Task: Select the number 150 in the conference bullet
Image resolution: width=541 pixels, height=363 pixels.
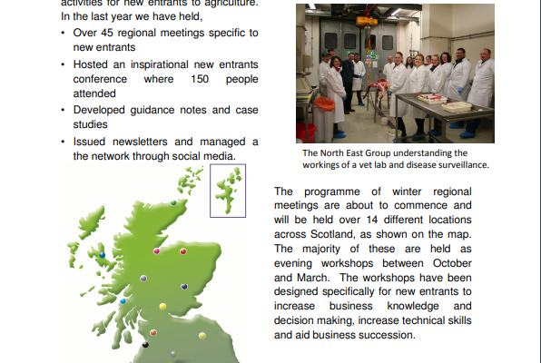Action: tap(200, 79)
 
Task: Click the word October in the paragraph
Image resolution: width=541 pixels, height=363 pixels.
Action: tap(452, 263)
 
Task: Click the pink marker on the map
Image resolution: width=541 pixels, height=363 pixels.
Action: tap(156, 250)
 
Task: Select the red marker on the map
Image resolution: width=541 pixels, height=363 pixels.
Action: tap(183, 251)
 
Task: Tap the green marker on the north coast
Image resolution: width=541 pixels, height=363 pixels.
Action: tap(173, 202)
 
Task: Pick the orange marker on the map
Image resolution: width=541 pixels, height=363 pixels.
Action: tap(153, 333)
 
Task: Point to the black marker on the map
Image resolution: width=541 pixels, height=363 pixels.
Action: tap(145, 344)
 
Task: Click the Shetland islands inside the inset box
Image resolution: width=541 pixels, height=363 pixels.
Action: tap(228, 189)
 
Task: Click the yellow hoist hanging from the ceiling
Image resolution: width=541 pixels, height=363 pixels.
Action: tap(367, 22)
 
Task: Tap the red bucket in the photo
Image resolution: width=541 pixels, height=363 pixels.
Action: tap(306, 132)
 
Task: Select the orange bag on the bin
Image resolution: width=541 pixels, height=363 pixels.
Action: tap(324, 103)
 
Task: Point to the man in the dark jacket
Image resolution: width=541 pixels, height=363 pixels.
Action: tap(349, 83)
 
